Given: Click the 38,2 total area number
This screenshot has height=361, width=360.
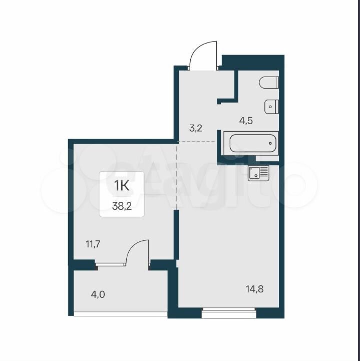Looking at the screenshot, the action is pos(122,206).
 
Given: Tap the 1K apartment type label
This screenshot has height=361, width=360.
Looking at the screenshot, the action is pos(122,186).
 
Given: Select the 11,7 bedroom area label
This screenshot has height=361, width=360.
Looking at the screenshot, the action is pos(93,244).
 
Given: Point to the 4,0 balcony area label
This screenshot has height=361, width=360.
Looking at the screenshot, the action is pos(98,294).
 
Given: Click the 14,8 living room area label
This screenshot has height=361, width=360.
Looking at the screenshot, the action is pos(254,289).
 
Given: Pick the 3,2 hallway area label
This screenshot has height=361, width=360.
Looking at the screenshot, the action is pos(196,128).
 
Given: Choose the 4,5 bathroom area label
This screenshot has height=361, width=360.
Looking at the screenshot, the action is pos(246,121).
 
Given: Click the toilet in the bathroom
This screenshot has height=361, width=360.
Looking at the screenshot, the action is pos(269,83).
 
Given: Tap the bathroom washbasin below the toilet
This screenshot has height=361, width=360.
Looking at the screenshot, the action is pos(271,107).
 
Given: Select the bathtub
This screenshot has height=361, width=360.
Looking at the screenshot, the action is pos(251,143).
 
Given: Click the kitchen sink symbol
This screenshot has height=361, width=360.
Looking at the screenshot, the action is pos(258,173).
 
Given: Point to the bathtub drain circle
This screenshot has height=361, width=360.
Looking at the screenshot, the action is pos(270,143).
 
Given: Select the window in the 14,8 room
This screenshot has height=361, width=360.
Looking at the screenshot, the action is pos(229,312).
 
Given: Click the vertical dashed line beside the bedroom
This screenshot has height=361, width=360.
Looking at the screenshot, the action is pos(177,176).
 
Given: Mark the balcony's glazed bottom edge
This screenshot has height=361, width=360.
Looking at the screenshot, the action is pos(121,314).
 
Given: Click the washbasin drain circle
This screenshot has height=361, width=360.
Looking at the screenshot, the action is pos(270,107).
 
